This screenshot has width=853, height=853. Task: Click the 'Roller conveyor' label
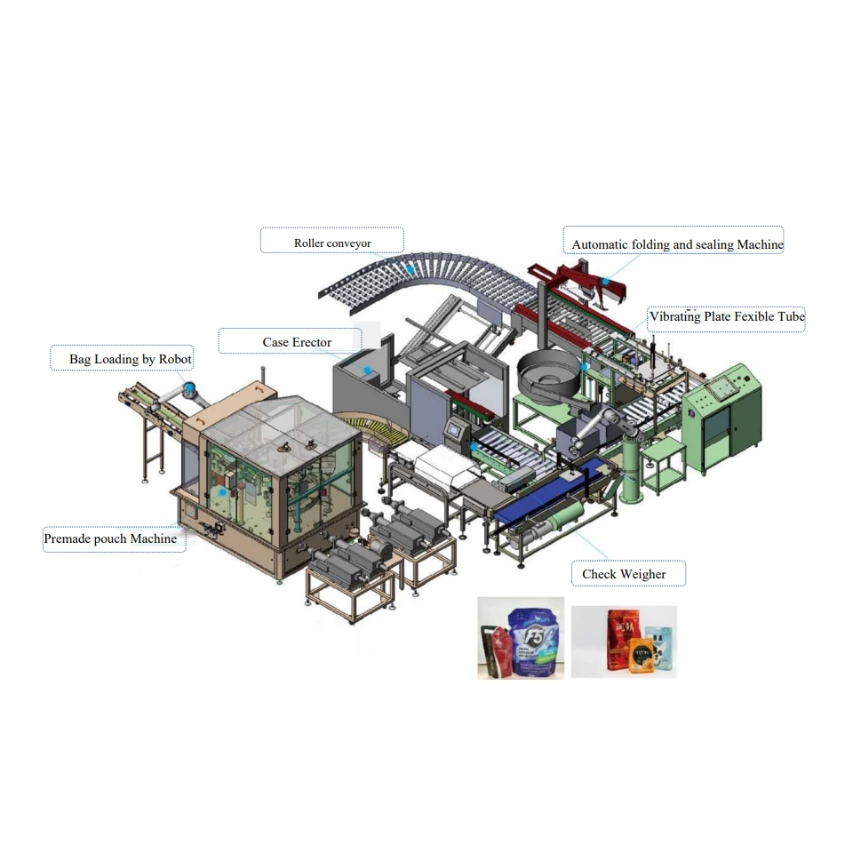click(332, 243)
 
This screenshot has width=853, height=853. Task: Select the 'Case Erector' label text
click(297, 342)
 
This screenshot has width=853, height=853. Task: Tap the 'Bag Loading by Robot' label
click(131, 359)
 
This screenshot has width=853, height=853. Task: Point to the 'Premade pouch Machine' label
click(110, 538)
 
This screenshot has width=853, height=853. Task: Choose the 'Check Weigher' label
click(624, 574)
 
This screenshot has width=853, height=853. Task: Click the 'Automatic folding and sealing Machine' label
click(677, 244)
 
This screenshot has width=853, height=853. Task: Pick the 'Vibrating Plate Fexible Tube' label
click(727, 316)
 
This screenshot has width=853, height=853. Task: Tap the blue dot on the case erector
click(365, 369)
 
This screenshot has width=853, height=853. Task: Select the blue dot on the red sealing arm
click(605, 282)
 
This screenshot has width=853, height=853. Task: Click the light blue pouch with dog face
click(658, 648)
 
